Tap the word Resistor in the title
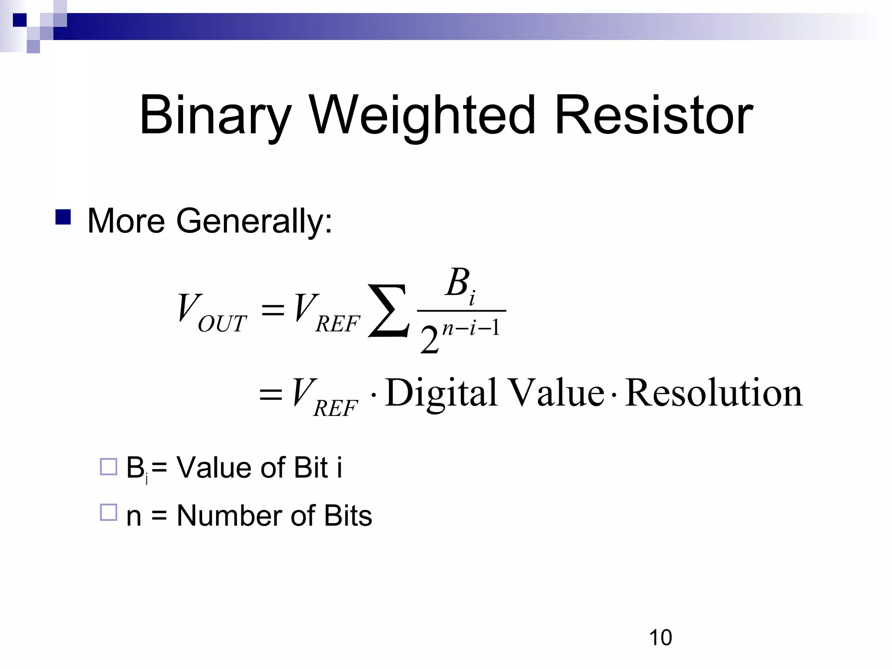click(x=653, y=115)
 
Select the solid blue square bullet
click(x=63, y=217)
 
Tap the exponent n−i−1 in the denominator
click(x=471, y=327)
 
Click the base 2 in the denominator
click(x=429, y=340)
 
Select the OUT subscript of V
click(x=222, y=324)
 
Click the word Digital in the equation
click(x=441, y=393)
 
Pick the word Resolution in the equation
click(x=713, y=393)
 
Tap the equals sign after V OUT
click(x=272, y=310)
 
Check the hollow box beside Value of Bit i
click(x=108, y=466)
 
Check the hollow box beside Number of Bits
click(x=108, y=512)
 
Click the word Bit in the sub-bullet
click(x=311, y=468)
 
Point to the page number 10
click(x=660, y=638)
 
